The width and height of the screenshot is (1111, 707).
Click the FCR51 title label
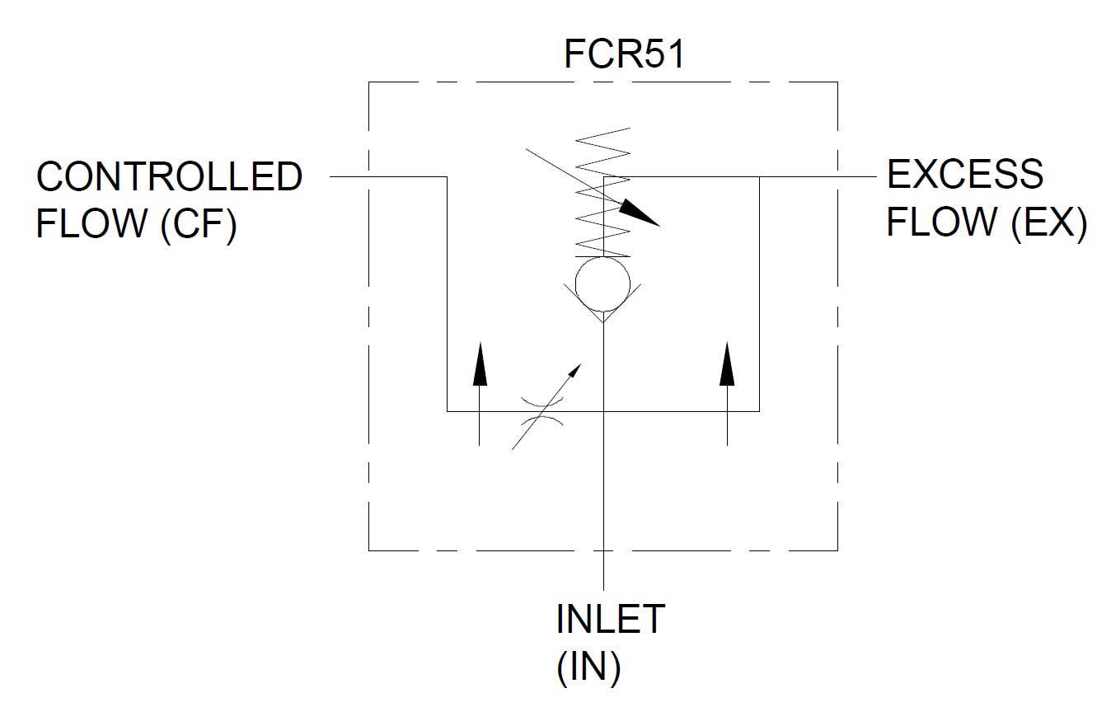[x=624, y=55]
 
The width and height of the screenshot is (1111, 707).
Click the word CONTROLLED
[x=170, y=177]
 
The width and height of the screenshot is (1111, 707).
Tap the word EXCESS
[x=964, y=175]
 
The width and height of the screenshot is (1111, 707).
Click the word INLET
[x=610, y=620]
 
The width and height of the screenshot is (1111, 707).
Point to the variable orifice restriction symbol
[x=541, y=411]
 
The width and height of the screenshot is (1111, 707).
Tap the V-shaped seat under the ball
[x=603, y=309]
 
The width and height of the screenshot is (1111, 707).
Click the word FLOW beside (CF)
[x=87, y=225]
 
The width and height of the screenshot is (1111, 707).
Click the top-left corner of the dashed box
[x=368, y=82]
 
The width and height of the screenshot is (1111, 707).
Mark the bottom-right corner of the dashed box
[x=837, y=550]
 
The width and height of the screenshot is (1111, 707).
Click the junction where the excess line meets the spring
[x=604, y=176]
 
